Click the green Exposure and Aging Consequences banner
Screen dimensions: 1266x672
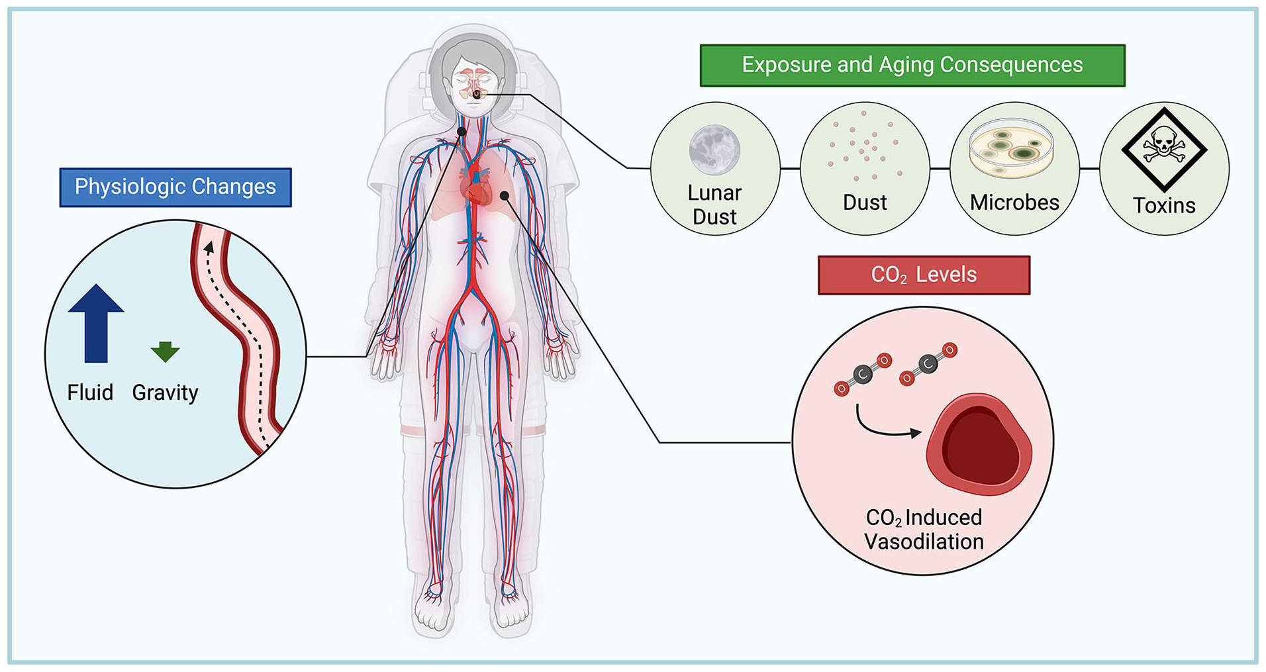[912, 65]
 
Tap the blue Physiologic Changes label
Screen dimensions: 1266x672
[175, 187]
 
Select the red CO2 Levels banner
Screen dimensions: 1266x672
[924, 275]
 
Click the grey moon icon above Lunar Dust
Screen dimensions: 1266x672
[714, 150]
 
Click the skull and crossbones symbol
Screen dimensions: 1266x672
[1164, 150]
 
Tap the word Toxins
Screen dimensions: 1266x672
[1164, 205]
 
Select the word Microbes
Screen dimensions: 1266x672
[1014, 202]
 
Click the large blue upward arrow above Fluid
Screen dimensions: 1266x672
[96, 323]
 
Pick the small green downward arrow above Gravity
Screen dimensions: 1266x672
[165, 352]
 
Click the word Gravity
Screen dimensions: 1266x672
[165, 393]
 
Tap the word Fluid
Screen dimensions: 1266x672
[90, 392]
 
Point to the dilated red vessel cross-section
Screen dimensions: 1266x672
[979, 444]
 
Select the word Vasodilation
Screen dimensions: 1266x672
[924, 542]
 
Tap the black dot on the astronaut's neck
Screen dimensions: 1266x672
[462, 131]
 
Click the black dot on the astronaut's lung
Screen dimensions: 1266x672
[505, 195]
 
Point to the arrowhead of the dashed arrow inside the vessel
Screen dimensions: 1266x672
[209, 248]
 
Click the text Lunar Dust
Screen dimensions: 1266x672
[714, 205]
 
